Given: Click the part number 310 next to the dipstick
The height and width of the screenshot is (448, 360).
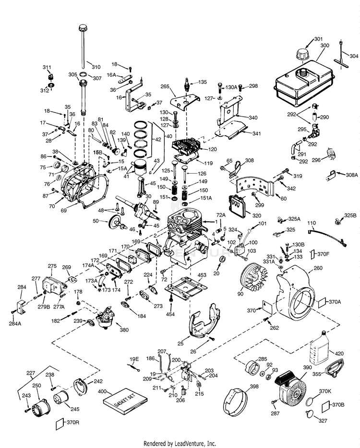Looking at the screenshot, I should click(x=96, y=67).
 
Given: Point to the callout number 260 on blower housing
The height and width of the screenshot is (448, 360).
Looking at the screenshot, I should click(x=318, y=269).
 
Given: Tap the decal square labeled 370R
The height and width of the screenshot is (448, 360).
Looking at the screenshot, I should click(x=61, y=423).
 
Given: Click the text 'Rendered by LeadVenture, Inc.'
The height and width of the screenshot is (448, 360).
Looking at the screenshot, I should click(x=180, y=443).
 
